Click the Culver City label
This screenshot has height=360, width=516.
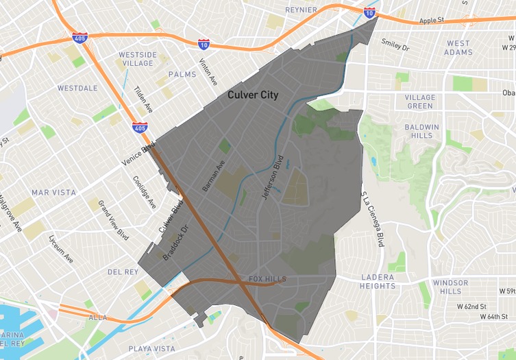click(x=253, y=95)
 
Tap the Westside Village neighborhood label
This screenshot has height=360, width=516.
click(x=138, y=59)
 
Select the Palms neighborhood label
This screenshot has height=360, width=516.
click(x=182, y=74)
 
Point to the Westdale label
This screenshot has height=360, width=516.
click(x=77, y=88)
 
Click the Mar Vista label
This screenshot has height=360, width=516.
click(x=53, y=193)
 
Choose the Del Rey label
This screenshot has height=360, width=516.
click(x=123, y=272)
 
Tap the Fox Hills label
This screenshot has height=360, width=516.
click(x=267, y=279)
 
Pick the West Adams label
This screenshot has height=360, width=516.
click(x=458, y=47)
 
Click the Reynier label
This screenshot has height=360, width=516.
click(x=302, y=10)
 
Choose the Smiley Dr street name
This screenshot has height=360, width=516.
click(x=395, y=45)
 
